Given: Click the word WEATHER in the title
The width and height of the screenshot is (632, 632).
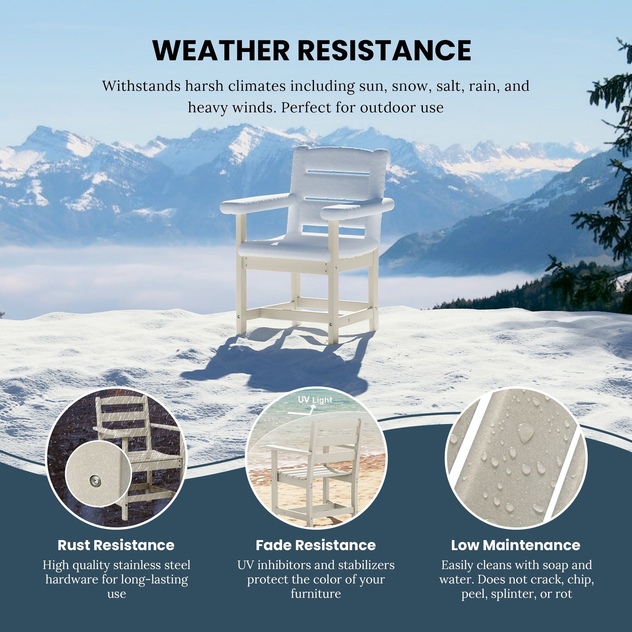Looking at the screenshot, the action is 221,50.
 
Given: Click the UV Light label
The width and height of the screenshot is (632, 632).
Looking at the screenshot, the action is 315,400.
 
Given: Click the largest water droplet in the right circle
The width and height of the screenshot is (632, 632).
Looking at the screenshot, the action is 526,431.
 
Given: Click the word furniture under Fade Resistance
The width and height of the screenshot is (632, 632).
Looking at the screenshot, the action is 316,594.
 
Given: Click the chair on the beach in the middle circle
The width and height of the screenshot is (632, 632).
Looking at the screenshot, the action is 316,471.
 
